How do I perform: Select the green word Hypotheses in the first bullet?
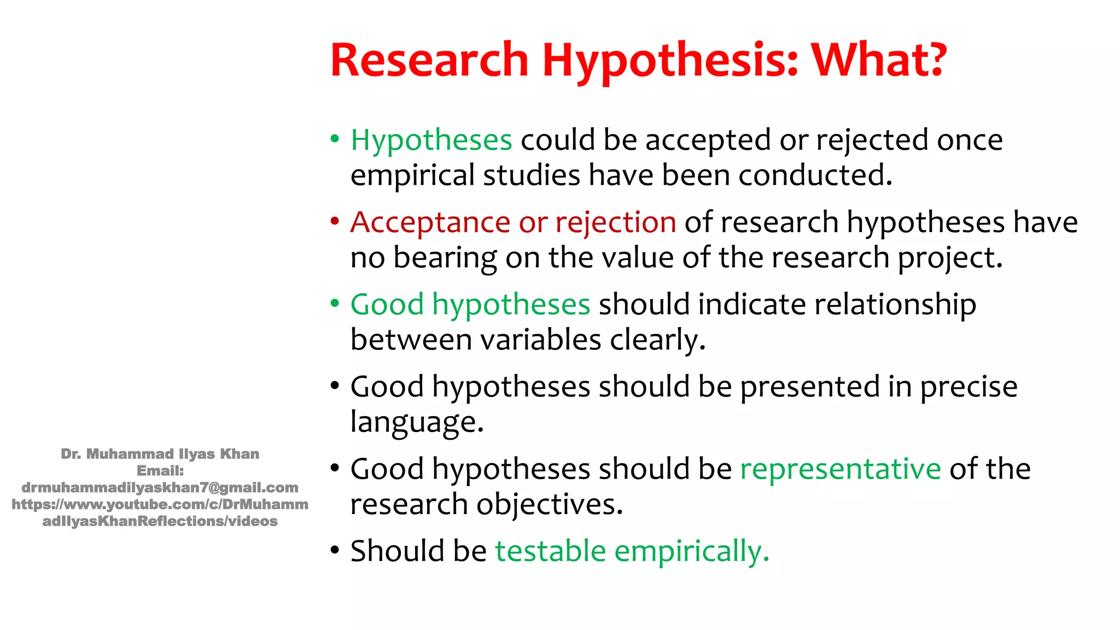pos(431,140)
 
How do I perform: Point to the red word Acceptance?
pos(430,223)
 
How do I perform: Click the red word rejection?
pos(616,223)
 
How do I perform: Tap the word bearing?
pos(445,258)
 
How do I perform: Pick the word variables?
pos(541,340)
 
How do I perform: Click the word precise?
pos(969,387)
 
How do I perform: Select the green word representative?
pos(840,469)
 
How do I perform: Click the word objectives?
pos(549,504)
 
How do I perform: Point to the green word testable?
pos(550,551)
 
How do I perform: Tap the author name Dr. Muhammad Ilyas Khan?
pos(160,454)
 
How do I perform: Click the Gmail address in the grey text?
pos(160,487)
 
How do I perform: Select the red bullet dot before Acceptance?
pos(335,221)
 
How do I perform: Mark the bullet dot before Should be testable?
pos(335,550)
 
